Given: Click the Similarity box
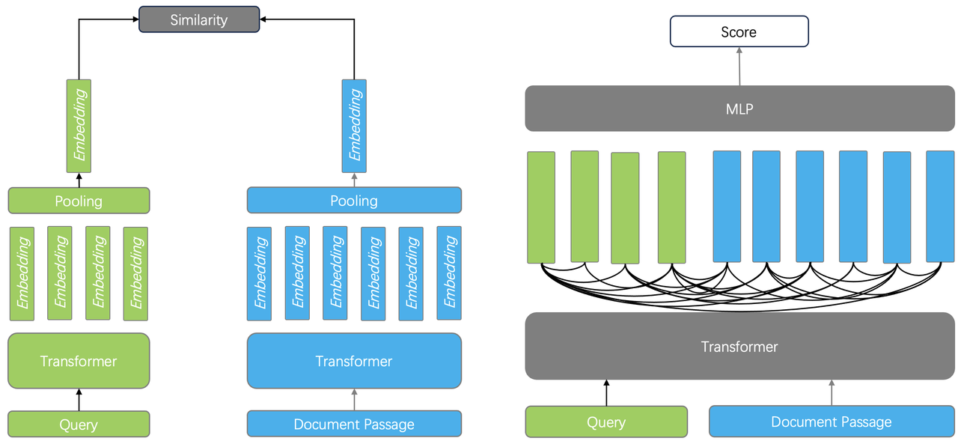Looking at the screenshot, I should coord(199,19).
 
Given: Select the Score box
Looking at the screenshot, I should coord(739,32).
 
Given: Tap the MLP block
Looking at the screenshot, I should coord(739,109).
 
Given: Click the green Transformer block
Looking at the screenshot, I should coord(79,361).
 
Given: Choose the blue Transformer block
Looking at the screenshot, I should coord(354,361).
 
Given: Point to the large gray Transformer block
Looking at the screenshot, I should coord(739,347).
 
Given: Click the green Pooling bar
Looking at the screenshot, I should coord(79,201).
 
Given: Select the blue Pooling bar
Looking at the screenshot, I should coord(354,201).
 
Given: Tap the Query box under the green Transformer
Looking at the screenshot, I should coord(79,425).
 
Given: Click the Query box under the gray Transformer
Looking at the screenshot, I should coord(606,422).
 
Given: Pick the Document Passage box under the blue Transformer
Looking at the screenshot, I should coord(354,424).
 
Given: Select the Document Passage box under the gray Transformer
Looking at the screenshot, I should coord(832,422).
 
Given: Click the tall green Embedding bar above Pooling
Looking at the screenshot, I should coord(79,126).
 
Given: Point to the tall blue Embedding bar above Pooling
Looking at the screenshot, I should coord(354,126).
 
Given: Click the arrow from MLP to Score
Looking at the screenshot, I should coord(739,67).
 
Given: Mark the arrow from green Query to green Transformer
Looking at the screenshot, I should coord(79,399).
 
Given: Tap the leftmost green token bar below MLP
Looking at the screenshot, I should coord(541,207).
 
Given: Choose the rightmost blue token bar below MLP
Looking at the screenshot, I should coord(940,207).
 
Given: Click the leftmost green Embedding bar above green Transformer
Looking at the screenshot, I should coord(22,273).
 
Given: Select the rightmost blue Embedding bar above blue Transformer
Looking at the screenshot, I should coord(449,273).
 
